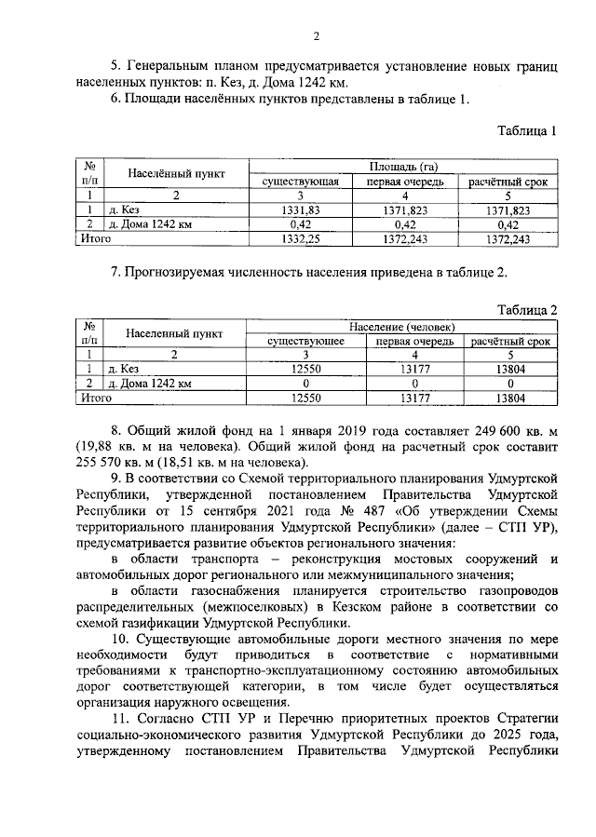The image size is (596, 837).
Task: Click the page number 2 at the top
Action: click(316, 36)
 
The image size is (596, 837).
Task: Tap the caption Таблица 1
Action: click(524, 131)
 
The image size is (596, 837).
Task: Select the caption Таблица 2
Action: click(526, 309)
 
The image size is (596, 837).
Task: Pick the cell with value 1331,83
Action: click(300, 210)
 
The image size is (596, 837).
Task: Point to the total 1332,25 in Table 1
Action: click(300, 239)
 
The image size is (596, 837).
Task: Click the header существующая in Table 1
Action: click(300, 182)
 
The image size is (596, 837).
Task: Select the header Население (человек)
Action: click(403, 328)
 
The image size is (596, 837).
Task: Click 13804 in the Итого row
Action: click(510, 398)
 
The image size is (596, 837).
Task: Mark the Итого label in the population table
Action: click(97, 398)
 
